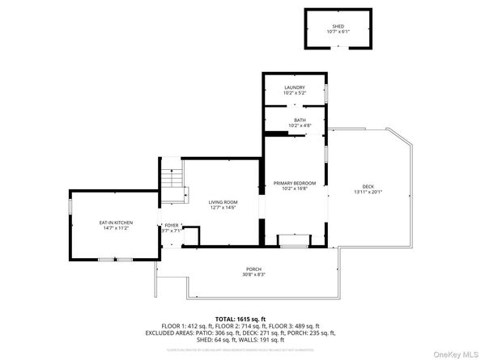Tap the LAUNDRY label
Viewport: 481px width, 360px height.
coord(293,87)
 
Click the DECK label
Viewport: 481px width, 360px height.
coord(368,186)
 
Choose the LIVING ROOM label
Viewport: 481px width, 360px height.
coord(222,202)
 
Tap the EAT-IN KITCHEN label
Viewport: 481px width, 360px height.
coord(116,222)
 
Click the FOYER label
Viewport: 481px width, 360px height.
coord(171,225)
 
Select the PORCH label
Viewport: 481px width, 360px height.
coord(254,269)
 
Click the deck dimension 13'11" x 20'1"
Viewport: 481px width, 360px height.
coord(368,193)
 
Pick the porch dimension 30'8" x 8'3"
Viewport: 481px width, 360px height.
coord(254,275)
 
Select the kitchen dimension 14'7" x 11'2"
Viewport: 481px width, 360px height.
coord(116,229)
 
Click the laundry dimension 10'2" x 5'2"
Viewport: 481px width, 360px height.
coord(293,93)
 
